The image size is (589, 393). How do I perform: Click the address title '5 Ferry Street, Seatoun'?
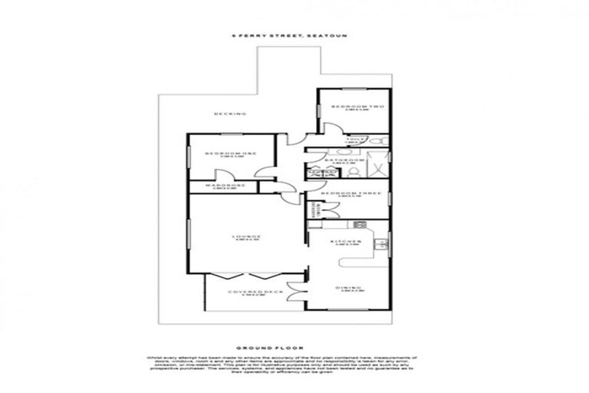(x=294, y=35)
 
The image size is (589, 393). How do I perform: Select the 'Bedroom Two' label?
(x=352, y=106)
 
